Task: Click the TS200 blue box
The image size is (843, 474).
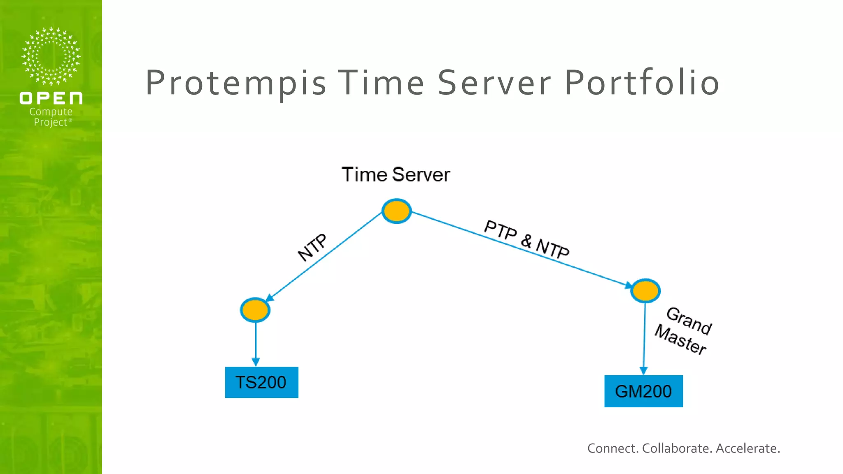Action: pos(261,382)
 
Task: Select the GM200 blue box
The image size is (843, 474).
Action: pos(643,391)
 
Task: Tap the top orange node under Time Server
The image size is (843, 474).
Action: pos(396,211)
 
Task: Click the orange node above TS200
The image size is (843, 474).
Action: pos(255,310)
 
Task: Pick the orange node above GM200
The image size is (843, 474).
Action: pos(645,290)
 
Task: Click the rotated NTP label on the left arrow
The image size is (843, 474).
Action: pos(312,247)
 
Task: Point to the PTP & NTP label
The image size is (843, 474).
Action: pos(526,239)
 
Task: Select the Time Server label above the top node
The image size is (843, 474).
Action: pos(396,174)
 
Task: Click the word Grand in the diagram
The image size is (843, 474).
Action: pos(689,321)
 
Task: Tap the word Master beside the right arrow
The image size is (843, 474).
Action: pos(680,339)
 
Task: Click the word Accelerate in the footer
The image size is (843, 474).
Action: pos(748,448)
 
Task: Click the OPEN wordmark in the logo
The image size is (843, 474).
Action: pos(51,98)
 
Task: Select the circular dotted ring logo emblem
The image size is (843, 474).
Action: pos(51,56)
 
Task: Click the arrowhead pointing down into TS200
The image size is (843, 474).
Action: pos(256,362)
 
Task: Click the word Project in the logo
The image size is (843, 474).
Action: pos(50,122)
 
